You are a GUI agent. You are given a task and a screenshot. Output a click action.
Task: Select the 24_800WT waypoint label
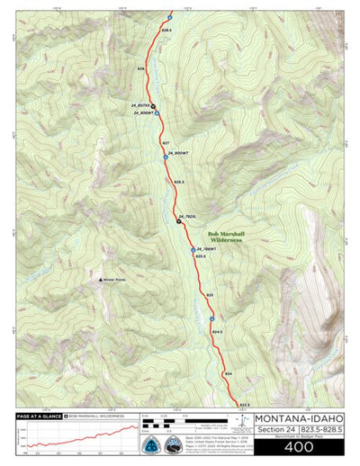click(x=180, y=156)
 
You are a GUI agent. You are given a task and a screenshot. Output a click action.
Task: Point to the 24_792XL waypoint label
click(x=187, y=217)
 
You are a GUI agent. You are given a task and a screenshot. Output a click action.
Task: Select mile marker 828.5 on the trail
click(x=166, y=31)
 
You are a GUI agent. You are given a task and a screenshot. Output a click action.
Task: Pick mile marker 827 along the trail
click(x=166, y=143)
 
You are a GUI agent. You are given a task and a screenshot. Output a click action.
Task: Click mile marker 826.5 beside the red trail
click(x=178, y=183)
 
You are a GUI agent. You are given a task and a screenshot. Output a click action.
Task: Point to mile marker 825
click(x=210, y=294)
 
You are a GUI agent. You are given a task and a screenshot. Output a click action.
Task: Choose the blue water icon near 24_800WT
click(x=165, y=156)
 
